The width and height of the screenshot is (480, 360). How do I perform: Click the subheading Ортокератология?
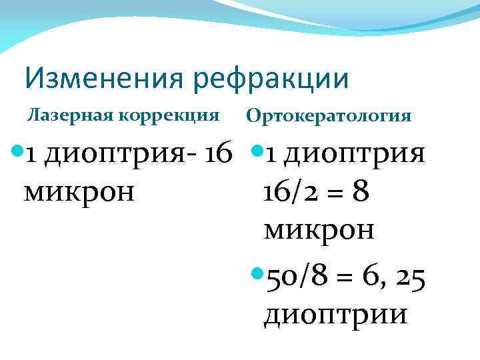pos(329,116)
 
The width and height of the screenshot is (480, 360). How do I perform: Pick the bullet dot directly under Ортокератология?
pos(257,153)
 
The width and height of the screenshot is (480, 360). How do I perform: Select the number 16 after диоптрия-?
pos(217,154)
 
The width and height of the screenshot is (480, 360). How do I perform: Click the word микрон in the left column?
pos(79,192)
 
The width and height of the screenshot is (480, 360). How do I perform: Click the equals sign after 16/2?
pos(337,193)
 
